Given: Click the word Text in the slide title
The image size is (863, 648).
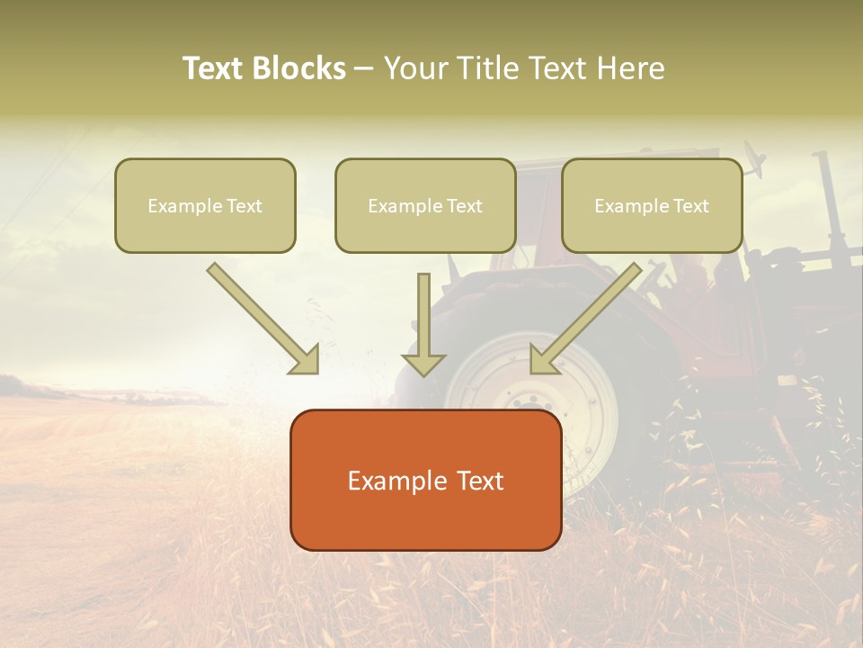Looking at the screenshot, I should tap(213, 68).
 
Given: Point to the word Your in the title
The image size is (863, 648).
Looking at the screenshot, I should tap(417, 68).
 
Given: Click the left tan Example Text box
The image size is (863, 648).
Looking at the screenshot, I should tap(205, 205).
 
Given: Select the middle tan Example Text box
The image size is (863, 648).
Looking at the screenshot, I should tap(425, 205).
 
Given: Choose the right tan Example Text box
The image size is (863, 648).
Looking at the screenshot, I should tap(652, 205).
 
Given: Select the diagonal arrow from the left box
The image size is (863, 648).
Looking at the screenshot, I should tap(261, 317).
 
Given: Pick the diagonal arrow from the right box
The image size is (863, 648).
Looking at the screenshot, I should tap(588, 317).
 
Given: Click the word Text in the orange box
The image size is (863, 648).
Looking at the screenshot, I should tap(479, 481).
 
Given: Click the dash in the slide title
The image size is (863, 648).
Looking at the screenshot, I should tap(364, 69).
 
